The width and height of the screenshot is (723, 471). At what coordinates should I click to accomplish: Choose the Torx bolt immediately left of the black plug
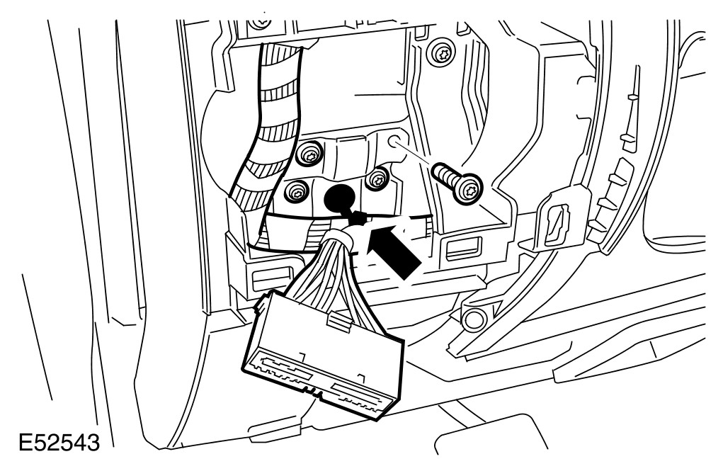(297, 189)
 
